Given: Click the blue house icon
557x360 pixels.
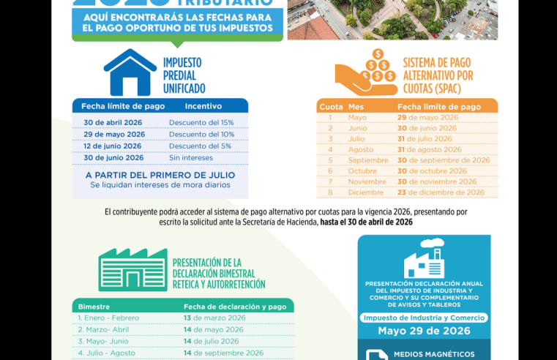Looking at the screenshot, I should click(130, 72).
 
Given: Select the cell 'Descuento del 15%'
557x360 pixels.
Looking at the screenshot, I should click(201, 122).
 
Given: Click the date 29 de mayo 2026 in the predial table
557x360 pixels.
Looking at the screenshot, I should click(114, 134).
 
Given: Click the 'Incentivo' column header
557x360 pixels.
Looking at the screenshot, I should click(208, 106).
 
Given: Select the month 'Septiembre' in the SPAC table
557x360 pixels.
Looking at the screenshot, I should click(368, 160).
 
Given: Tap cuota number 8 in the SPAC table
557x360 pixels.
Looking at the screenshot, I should click(330, 192).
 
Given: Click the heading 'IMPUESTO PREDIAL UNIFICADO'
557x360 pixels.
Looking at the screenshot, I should click(184, 75).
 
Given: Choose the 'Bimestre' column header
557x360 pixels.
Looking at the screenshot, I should click(94, 306).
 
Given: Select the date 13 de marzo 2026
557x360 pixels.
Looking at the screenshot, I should click(214, 318).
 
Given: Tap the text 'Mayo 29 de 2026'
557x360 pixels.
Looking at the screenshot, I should click(424, 331).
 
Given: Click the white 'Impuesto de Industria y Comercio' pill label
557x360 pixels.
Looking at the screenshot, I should click(424, 318).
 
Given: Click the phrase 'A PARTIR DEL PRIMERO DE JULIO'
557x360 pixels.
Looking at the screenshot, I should click(160, 175).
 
